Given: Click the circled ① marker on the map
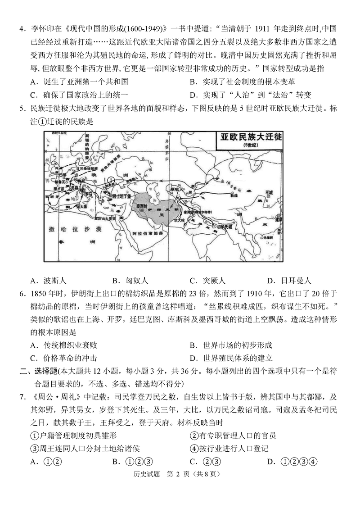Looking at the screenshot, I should (111, 180).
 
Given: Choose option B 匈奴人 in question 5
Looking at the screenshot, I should (130, 280).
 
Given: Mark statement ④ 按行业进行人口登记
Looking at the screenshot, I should (229, 448).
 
